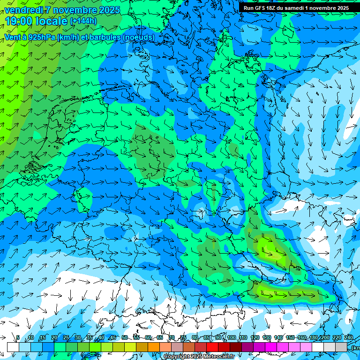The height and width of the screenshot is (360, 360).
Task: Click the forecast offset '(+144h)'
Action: click(83, 21)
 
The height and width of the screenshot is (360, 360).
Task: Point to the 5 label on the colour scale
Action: click(18, 338)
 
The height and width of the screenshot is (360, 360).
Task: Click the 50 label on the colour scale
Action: click(124, 338)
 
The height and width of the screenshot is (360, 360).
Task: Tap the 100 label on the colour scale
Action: click(232, 338)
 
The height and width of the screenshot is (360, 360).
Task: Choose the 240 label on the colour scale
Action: click(348, 338)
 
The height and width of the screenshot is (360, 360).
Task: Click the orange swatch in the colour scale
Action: click(154, 347)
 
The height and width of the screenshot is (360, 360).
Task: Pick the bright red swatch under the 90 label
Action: click(212, 347)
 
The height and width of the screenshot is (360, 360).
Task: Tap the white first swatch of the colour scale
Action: click(13, 347)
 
